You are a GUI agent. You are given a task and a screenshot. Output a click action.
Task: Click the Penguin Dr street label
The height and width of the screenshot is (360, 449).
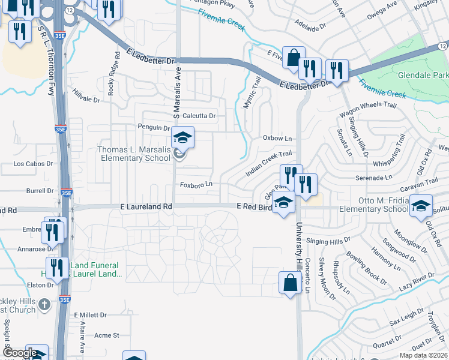(154, 128)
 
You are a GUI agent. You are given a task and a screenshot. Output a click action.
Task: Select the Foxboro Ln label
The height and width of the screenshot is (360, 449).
(197, 184)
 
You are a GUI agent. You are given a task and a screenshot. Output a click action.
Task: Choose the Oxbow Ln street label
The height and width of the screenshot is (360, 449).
(277, 138)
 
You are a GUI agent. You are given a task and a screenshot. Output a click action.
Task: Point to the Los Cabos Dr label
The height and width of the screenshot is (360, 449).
(33, 163)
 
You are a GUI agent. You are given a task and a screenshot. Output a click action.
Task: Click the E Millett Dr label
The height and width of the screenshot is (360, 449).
(90, 314)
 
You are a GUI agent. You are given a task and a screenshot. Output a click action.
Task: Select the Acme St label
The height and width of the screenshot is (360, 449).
(107, 335)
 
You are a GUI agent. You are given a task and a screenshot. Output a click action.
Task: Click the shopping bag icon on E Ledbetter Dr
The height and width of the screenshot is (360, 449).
(294, 58)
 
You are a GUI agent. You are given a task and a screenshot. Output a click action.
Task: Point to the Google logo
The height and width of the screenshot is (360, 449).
(19, 353)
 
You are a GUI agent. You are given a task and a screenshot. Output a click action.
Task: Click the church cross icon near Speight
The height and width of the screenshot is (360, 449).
(44, 305)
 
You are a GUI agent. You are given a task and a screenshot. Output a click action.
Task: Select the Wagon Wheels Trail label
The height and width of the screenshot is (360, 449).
(368, 105)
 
